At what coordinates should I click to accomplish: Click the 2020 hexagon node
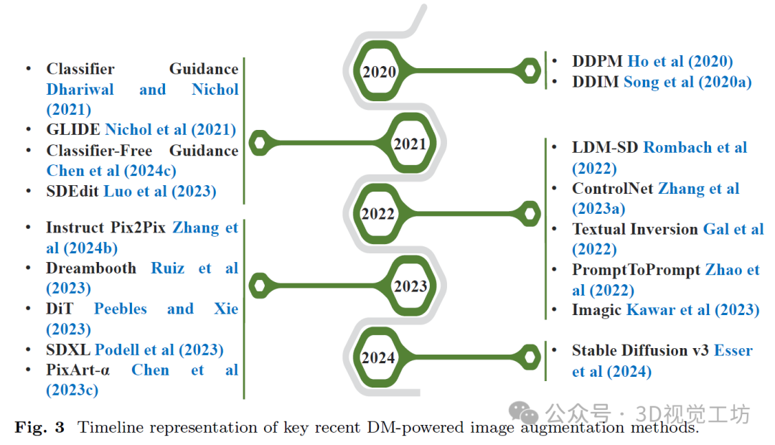379,71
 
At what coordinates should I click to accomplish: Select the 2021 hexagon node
410,144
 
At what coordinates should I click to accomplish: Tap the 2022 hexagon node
378,213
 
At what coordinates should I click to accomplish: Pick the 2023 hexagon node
410,286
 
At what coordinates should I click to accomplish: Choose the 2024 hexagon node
378,357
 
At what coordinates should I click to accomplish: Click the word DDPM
597,62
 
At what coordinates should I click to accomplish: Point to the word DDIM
595,82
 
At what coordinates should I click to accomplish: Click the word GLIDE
73,130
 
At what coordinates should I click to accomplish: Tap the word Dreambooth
91,268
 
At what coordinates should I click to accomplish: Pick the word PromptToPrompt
636,270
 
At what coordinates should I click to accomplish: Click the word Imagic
596,310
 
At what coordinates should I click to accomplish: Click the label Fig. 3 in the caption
39,428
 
